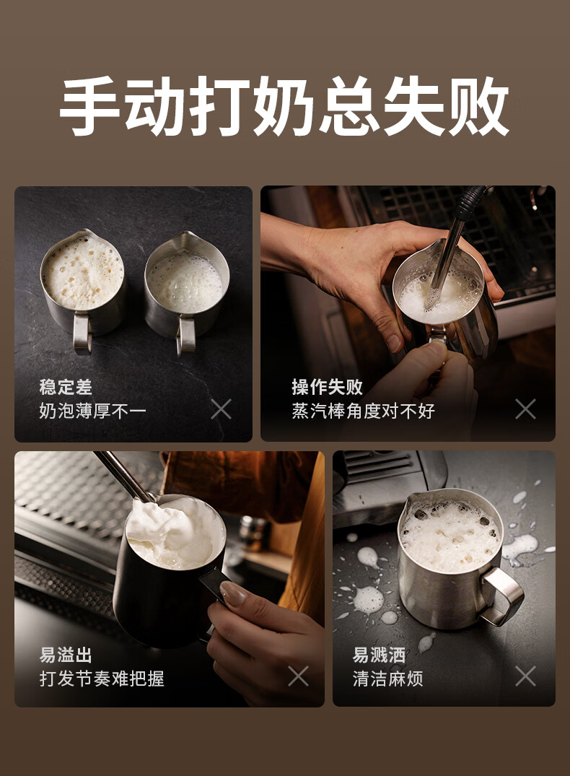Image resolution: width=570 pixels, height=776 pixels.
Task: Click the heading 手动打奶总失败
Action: (x=284, y=106)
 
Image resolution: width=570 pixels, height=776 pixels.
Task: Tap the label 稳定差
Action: (x=66, y=387)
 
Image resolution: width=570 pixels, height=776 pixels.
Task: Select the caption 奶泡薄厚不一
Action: (x=92, y=411)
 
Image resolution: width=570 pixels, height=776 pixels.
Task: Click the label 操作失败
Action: (x=327, y=387)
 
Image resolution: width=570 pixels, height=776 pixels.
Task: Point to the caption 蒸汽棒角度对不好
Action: (x=363, y=411)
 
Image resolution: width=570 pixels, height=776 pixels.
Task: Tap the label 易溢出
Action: (x=66, y=655)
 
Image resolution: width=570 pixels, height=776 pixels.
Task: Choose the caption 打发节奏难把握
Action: (x=102, y=679)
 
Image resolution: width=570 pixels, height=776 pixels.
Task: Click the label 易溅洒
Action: (x=379, y=655)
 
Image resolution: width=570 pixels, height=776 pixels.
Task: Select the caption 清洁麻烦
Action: (x=388, y=679)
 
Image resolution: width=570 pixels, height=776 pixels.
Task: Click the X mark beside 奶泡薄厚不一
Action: (x=222, y=409)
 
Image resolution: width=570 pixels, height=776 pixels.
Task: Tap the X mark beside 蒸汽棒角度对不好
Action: (x=525, y=409)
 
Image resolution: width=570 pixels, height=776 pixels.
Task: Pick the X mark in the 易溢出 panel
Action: (x=299, y=676)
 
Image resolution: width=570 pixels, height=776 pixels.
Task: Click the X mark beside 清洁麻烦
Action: (x=525, y=676)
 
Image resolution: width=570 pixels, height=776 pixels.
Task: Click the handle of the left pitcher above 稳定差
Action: (x=82, y=333)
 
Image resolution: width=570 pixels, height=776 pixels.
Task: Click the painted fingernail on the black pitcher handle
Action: (x=233, y=594)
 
